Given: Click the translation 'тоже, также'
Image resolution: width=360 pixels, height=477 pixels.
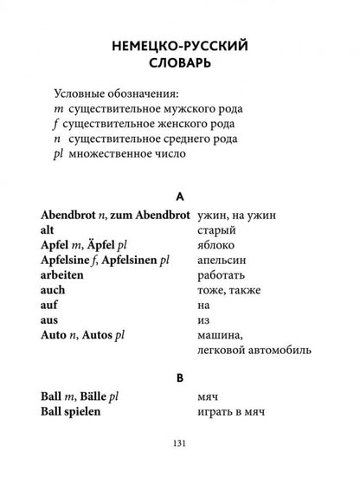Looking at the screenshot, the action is (234, 289).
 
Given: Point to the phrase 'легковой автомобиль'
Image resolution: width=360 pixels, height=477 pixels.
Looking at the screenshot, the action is (255, 350).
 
